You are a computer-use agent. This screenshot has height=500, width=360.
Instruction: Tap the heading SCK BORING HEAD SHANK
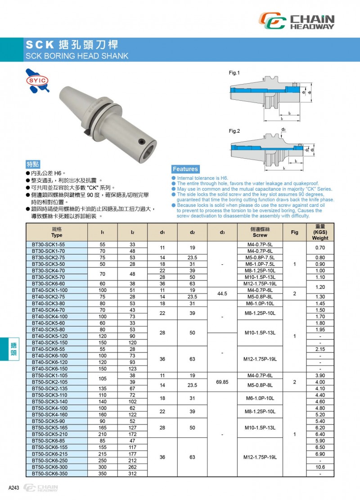point(77,56)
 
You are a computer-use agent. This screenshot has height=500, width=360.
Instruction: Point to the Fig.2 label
point(234,131)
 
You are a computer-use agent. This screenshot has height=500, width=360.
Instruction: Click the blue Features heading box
point(185,169)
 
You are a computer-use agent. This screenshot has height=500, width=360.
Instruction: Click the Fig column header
point(294,232)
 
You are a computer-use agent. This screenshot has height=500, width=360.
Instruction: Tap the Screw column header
point(260,232)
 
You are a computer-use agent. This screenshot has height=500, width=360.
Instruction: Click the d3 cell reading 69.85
point(222,382)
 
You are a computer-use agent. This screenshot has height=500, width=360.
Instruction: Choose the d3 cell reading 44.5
point(222,293)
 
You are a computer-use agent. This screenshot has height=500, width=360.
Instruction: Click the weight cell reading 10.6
point(320,467)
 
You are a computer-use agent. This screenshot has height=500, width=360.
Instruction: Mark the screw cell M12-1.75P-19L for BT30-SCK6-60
point(260,283)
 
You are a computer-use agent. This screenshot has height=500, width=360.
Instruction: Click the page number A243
point(13,488)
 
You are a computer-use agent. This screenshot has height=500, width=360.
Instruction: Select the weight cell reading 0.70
point(320,247)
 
